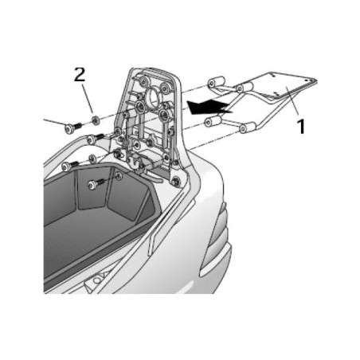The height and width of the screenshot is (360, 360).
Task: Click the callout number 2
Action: [x=79, y=76]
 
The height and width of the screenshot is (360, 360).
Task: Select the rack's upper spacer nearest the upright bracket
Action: [x=214, y=82]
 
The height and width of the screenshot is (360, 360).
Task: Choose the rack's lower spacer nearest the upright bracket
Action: [x=213, y=120]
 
